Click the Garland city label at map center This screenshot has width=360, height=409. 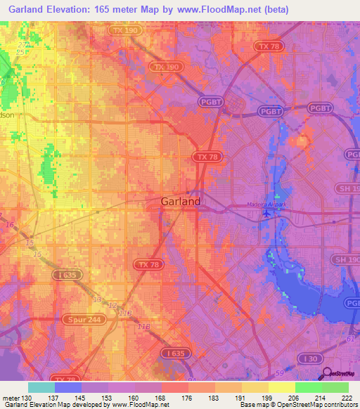click(x=176, y=202)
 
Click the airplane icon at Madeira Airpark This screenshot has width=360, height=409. click(x=265, y=214)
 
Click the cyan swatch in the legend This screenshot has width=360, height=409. click(x=41, y=387)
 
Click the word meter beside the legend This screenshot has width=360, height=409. click(x=8, y=398)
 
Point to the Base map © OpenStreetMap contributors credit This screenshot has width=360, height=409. click(x=299, y=405)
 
